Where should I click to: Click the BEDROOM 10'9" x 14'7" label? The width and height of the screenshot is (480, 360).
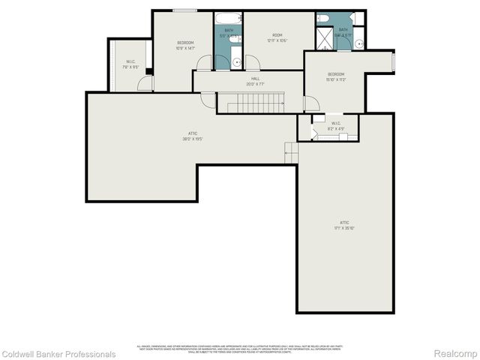[x=185, y=45]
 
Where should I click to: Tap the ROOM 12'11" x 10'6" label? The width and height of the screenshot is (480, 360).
[x=277, y=38]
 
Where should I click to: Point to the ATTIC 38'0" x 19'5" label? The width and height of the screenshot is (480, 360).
[x=193, y=136]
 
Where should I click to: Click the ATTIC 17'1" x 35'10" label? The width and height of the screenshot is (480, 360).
[x=344, y=225]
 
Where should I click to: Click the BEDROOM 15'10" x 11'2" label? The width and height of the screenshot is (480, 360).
[x=336, y=76]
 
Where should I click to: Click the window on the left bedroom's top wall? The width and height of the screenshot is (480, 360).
[x=184, y=10]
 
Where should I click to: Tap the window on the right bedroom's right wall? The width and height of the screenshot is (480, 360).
[x=393, y=62]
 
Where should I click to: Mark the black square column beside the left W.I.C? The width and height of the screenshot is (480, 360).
[x=149, y=72]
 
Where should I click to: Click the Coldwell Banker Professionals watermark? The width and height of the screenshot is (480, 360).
[x=58, y=354]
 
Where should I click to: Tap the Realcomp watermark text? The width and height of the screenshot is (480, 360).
[x=456, y=354]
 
